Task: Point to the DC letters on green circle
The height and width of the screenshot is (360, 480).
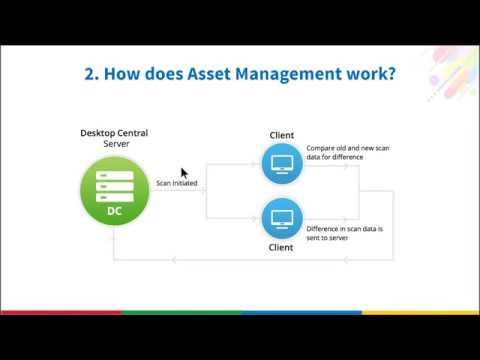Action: pos(115,212)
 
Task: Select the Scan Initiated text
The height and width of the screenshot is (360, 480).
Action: pos(176,183)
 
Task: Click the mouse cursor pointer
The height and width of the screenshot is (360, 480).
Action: pos(184,173)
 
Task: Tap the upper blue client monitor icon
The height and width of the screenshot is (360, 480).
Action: pos(281,163)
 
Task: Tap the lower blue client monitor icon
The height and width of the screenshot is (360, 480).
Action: pos(281,217)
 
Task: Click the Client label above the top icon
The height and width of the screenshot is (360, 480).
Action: pos(281,135)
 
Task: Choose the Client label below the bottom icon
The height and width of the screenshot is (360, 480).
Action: pos(281,247)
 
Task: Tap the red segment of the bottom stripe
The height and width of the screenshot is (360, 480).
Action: pos(60,312)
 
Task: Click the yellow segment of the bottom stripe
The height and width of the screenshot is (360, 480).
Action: pos(420,312)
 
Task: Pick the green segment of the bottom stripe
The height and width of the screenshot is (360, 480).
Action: pos(180,312)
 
